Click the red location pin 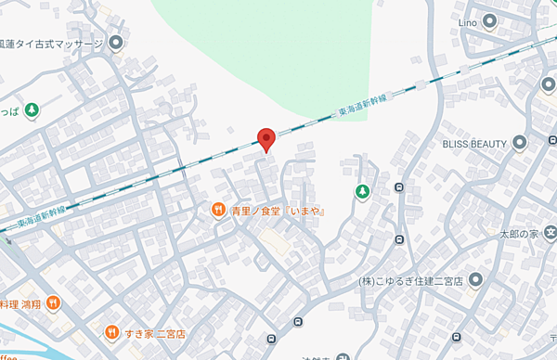coord(266,138)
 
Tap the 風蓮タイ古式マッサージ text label coord(51,43)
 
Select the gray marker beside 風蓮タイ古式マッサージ coord(116,43)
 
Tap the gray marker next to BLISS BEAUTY coord(519,143)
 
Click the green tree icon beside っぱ coord(32,109)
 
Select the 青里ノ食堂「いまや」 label coord(277,211)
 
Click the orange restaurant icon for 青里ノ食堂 coord(218,211)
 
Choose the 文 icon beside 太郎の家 coord(551,232)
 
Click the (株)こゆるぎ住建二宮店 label coord(410,279)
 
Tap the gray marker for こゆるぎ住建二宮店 coord(475,279)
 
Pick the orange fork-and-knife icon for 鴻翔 coord(53,302)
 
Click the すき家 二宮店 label coord(158,332)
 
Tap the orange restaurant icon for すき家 coord(112,332)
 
